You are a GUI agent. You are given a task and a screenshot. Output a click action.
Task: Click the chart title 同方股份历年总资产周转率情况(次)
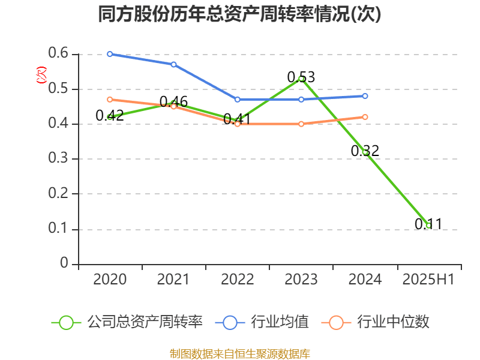click(x=239, y=14)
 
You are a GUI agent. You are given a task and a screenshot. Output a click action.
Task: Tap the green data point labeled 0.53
click(x=301, y=79)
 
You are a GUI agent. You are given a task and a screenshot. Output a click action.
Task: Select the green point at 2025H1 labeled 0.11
click(x=429, y=226)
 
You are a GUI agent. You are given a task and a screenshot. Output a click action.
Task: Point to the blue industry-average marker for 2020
click(x=110, y=54)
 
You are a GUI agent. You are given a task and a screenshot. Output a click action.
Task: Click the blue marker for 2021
click(x=173, y=64)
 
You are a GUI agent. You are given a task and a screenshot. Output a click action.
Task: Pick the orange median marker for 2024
click(x=365, y=117)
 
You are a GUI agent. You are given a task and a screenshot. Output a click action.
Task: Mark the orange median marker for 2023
click(x=301, y=124)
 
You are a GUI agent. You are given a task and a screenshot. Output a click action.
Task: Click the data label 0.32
click(x=365, y=151)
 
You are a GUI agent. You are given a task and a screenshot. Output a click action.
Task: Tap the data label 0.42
click(x=110, y=116)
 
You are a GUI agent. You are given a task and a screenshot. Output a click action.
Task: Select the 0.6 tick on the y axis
click(x=59, y=55)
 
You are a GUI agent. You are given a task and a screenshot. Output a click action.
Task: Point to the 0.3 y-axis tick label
click(x=59, y=159)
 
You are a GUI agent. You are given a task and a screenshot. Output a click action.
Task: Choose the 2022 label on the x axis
click(x=237, y=280)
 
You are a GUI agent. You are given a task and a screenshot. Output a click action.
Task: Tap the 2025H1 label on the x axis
click(x=428, y=280)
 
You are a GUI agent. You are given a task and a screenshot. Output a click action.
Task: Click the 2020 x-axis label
click(x=110, y=280)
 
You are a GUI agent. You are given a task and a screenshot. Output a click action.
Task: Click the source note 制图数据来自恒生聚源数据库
click(x=240, y=353)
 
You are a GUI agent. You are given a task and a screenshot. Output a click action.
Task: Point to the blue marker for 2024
click(x=365, y=96)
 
